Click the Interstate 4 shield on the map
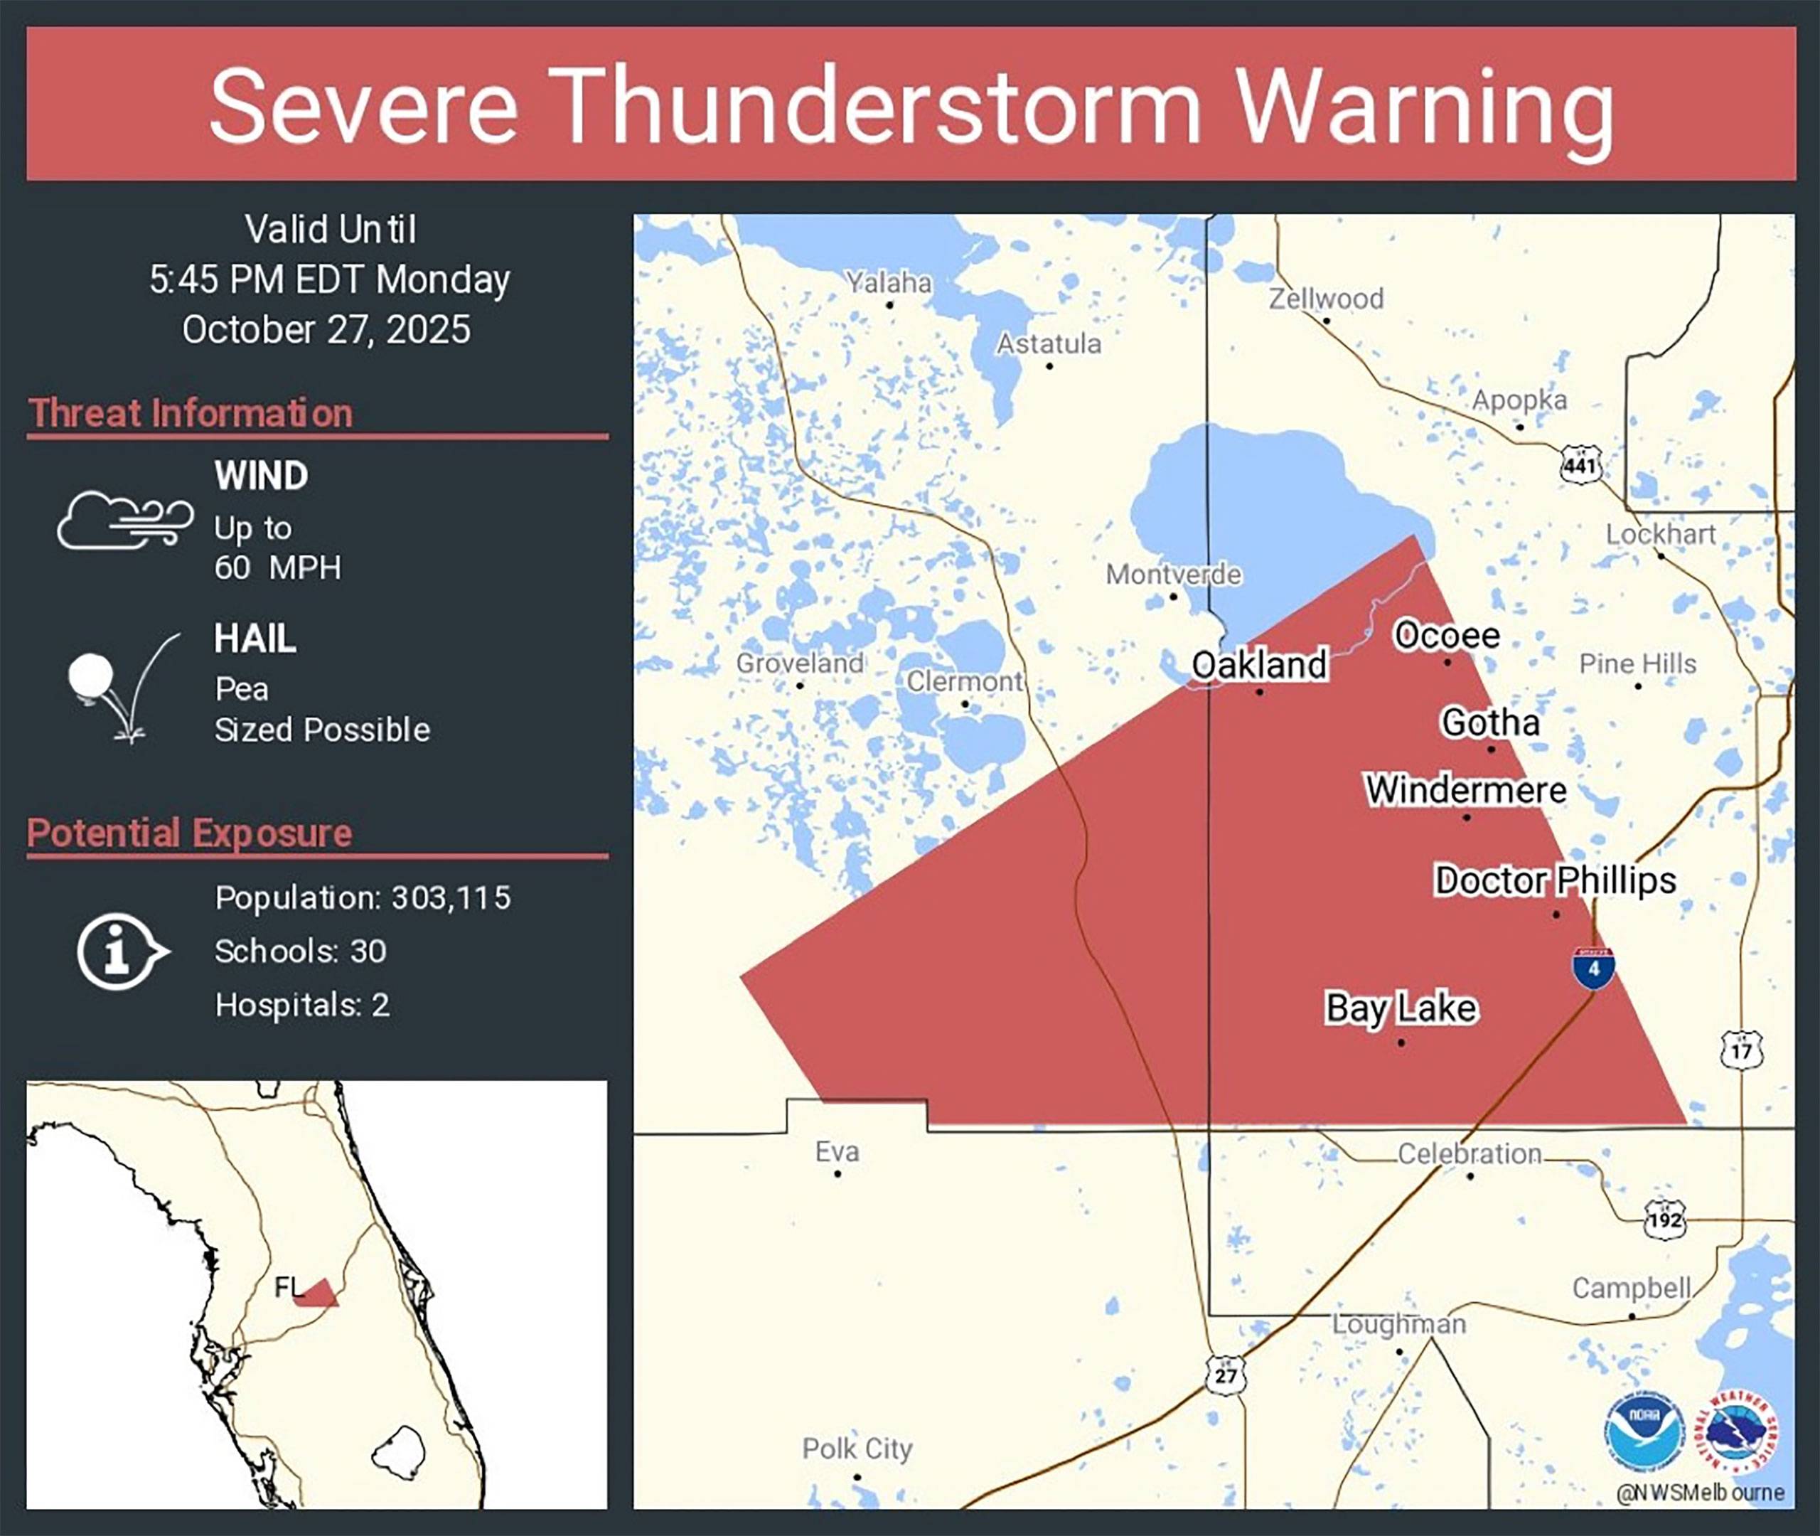coord(1592,967)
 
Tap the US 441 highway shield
coord(1580,464)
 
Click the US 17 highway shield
coord(1741,1050)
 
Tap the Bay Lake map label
coord(1401,1008)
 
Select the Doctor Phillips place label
coord(1555,880)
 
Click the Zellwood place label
coord(1326,299)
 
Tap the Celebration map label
coord(1470,1153)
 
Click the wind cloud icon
coord(124,520)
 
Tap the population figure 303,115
coord(451,897)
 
